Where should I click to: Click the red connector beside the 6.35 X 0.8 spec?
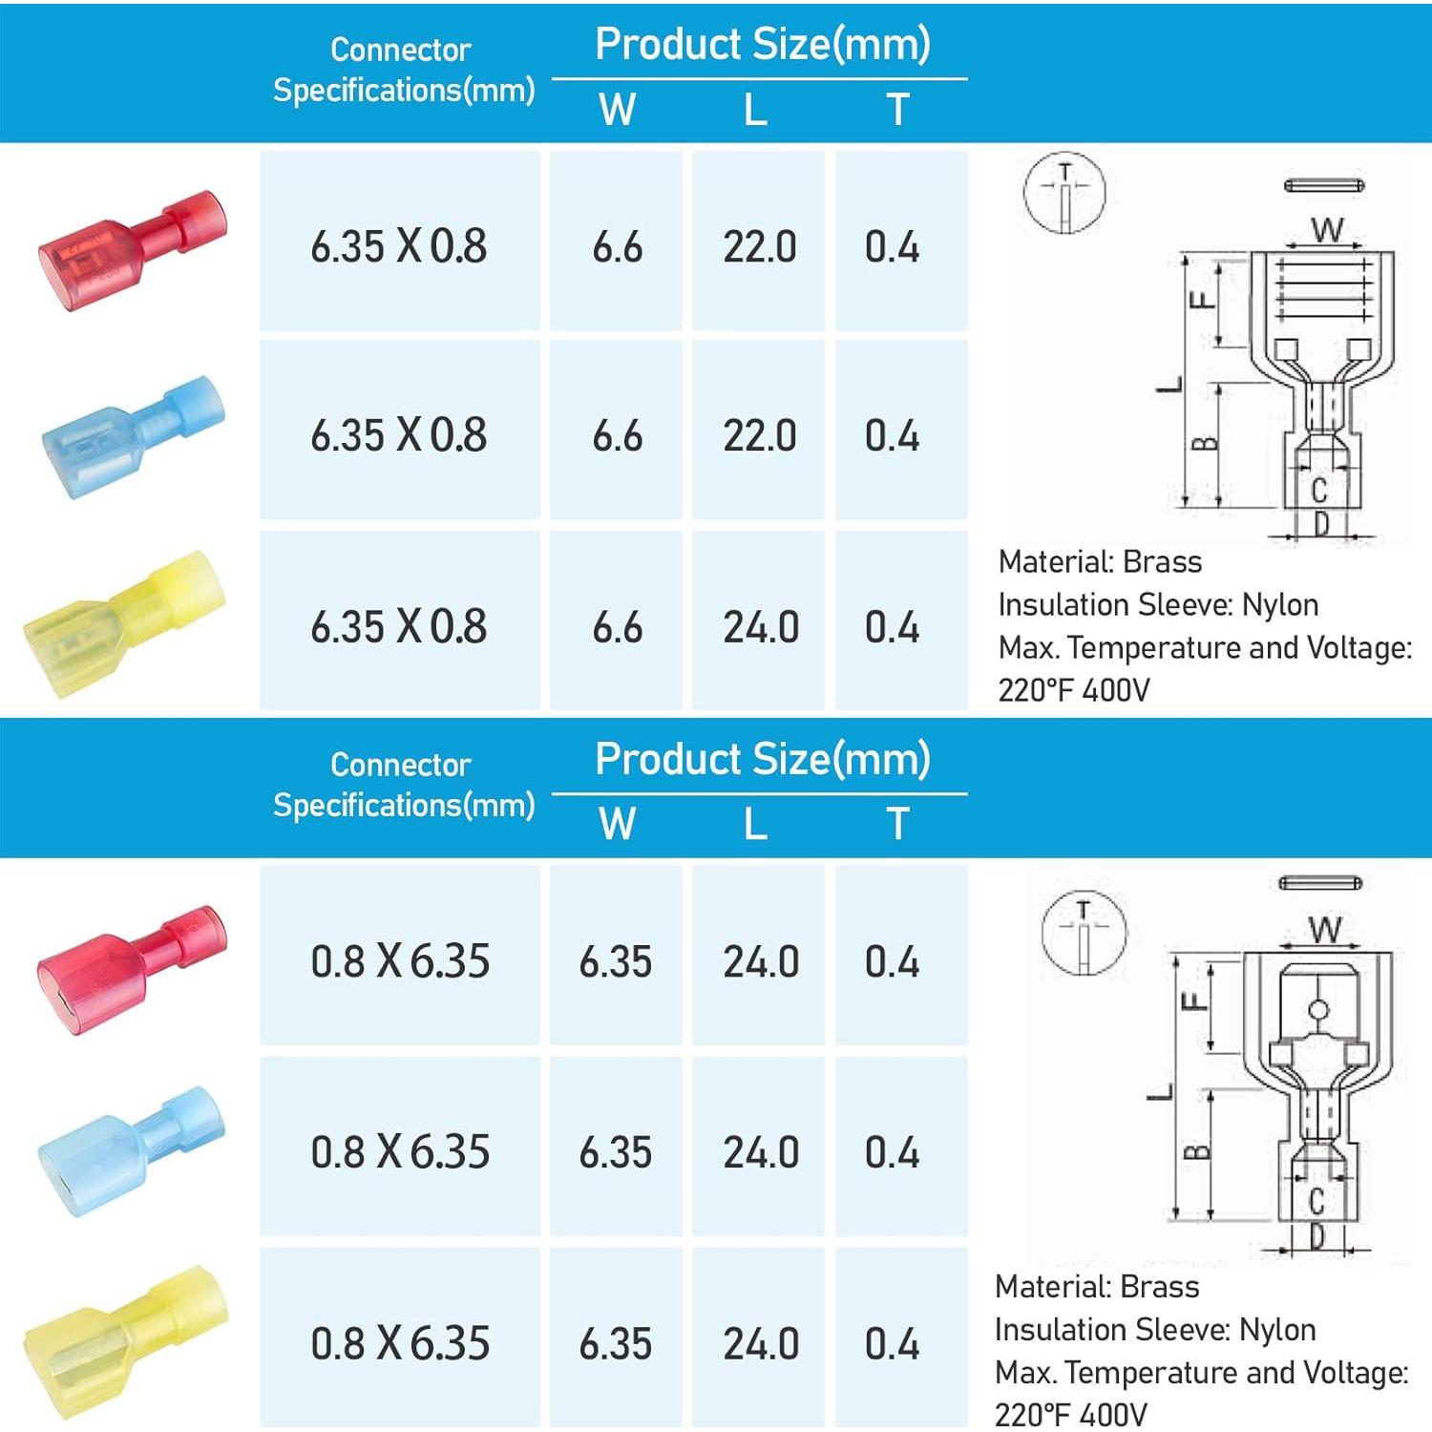coord(133,251)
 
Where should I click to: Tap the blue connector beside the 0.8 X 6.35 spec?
coord(132,1152)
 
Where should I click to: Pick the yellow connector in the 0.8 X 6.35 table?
coord(126,1342)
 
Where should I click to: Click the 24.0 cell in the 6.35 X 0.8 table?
coord(760,627)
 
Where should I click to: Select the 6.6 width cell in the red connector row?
coord(617,247)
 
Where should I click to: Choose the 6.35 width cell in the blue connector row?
coord(615,1152)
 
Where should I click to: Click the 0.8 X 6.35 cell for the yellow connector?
coord(400,1343)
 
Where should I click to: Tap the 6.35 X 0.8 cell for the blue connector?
coord(398,435)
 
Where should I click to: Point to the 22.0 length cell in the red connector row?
coord(759,247)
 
